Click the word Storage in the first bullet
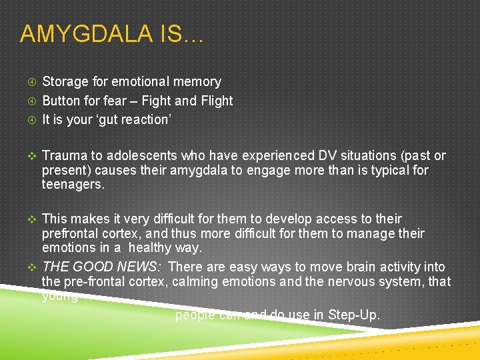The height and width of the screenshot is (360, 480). click(x=66, y=82)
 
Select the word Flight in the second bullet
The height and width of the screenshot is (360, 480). click(x=217, y=101)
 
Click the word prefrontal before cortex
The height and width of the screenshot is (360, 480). click(x=71, y=234)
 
